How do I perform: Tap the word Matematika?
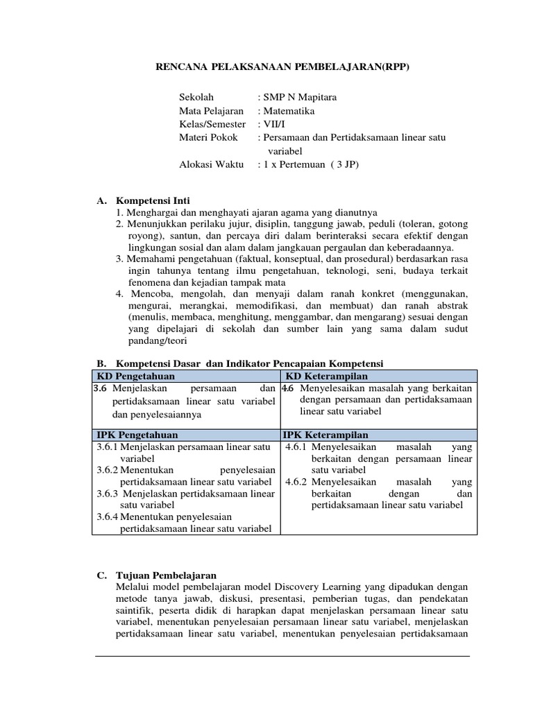(288, 110)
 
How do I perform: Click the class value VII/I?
(273, 124)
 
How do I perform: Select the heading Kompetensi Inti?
(153, 200)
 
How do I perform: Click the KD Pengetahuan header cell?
(136, 376)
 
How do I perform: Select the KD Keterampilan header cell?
(328, 376)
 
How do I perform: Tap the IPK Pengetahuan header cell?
(137, 435)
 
